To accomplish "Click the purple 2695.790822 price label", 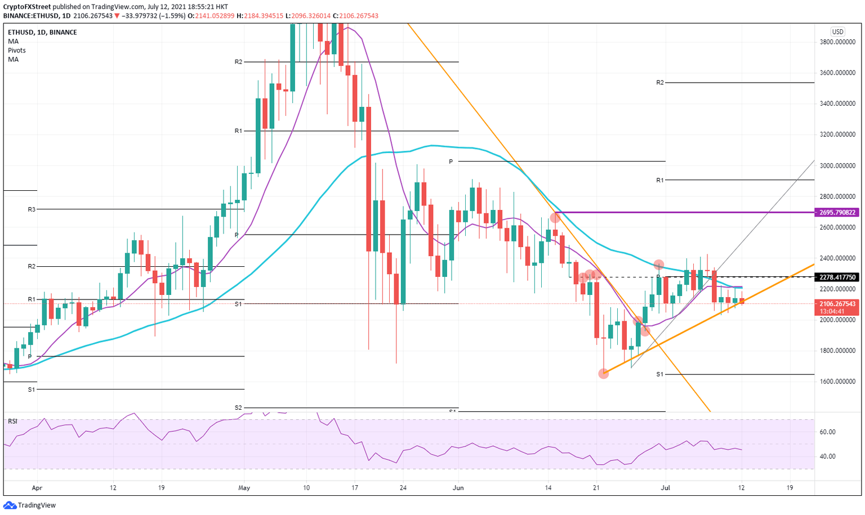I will click(x=838, y=213).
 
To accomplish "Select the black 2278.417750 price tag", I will click(x=838, y=277).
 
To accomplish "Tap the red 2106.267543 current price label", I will click(x=838, y=304).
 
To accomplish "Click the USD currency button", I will click(x=837, y=32).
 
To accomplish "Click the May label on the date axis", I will click(x=244, y=487).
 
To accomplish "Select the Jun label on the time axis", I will click(x=458, y=487).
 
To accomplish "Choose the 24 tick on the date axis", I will click(x=403, y=487).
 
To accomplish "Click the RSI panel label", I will click(x=12, y=422).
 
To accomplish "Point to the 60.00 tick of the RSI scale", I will click(x=827, y=432).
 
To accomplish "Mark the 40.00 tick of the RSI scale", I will click(x=827, y=456).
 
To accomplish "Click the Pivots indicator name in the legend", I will click(x=17, y=51).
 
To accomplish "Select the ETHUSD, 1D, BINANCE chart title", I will click(x=42, y=33).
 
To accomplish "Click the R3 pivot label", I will click(x=32, y=209).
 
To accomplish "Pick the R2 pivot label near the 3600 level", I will click(x=660, y=83).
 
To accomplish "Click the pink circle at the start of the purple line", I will click(x=555, y=217).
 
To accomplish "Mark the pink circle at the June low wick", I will click(x=603, y=373).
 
